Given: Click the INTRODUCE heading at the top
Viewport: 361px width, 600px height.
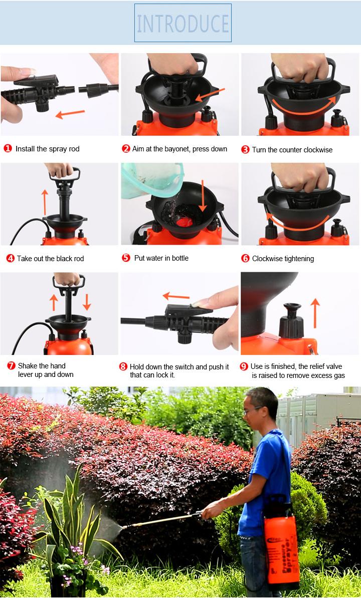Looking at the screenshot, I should (183, 23).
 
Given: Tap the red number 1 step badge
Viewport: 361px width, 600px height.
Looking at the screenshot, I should (8, 149).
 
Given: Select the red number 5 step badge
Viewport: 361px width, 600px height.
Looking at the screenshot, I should (126, 258).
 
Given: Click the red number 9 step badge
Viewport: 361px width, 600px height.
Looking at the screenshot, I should (244, 367).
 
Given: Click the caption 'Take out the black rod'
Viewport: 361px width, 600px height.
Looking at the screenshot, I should (50, 259).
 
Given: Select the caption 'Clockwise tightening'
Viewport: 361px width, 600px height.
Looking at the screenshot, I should (283, 259).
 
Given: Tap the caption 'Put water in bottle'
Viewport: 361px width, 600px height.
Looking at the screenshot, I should (161, 258).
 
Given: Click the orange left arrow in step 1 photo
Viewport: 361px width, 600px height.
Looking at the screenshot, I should (70, 114).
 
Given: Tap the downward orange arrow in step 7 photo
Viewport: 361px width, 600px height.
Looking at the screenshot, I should (87, 301).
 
